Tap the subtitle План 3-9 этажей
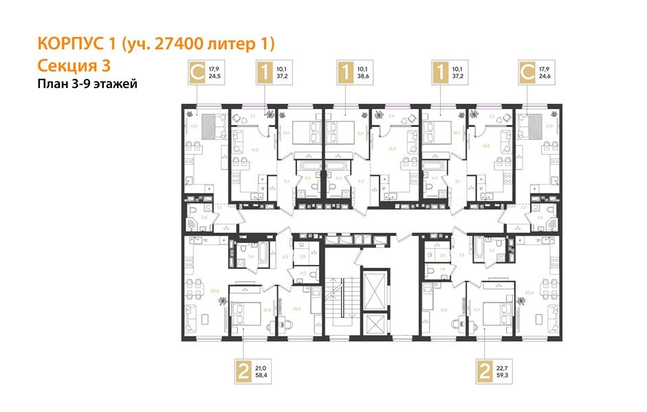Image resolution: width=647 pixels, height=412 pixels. pos(87,84)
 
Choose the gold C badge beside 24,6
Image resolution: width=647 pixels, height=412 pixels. pos(527,73)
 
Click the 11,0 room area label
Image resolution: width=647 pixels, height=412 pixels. pos(443,310)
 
